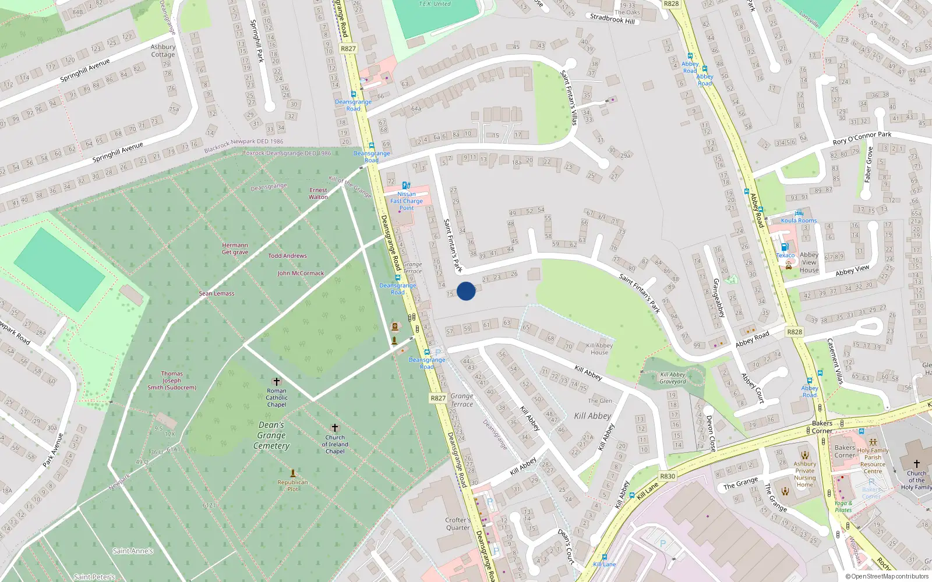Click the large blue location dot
click(x=466, y=291)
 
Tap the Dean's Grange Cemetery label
click(x=271, y=435)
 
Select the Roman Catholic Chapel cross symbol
click(x=277, y=381)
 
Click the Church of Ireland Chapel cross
click(x=335, y=428)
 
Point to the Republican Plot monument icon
click(x=293, y=473)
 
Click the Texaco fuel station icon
click(x=785, y=247)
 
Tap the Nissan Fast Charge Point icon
click(x=406, y=185)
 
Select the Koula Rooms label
click(x=799, y=221)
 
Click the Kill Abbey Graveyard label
click(x=673, y=378)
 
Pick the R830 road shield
click(x=668, y=476)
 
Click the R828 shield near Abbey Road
click(x=795, y=332)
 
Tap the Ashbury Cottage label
click(x=163, y=51)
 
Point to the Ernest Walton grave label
click(x=318, y=194)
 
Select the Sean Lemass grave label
click(x=217, y=294)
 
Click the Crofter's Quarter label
click(x=458, y=524)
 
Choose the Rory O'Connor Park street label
click(x=862, y=137)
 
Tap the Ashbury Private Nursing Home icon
click(x=805, y=455)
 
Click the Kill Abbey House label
click(x=599, y=349)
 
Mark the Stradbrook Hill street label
click(x=612, y=19)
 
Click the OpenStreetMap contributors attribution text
click(x=887, y=577)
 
